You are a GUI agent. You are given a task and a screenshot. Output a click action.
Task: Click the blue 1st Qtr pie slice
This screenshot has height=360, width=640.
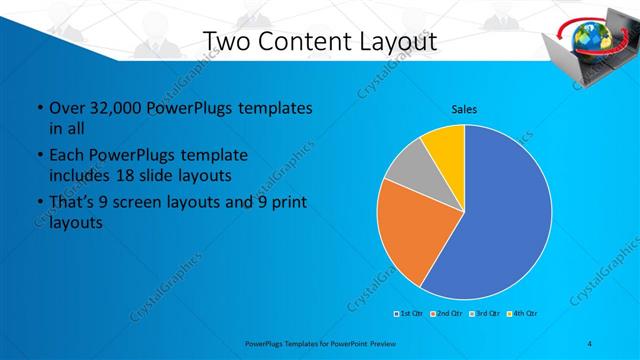tap(500, 220)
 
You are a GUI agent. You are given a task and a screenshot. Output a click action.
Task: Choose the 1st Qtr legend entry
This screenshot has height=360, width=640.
tap(409, 314)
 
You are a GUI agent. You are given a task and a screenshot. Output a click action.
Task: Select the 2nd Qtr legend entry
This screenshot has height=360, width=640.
tap(447, 314)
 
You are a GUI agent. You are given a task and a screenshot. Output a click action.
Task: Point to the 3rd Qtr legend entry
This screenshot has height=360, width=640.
tap(485, 314)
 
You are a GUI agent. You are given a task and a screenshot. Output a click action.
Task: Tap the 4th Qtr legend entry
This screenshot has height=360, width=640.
tap(523, 314)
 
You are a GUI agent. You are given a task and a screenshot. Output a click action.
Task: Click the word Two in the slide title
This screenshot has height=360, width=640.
tap(224, 42)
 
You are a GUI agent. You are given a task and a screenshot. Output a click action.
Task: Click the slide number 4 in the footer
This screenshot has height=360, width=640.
tap(590, 343)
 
